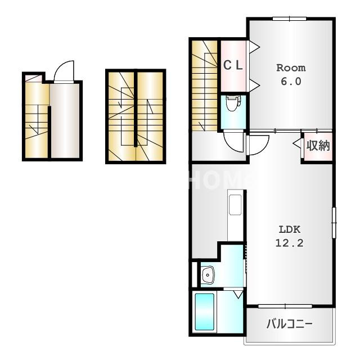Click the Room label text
click(291, 68)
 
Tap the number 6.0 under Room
click(291, 82)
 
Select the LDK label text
click(290, 229)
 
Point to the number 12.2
click(289, 243)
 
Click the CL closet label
click(233, 65)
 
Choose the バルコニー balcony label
click(289, 324)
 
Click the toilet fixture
click(233, 103)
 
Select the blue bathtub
click(205, 312)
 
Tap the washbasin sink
click(208, 275)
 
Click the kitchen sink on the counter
click(236, 205)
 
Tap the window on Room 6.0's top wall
click(289, 19)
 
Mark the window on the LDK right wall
click(334, 223)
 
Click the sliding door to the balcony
click(285, 306)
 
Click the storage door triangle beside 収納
click(297, 143)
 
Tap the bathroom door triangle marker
click(238, 294)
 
